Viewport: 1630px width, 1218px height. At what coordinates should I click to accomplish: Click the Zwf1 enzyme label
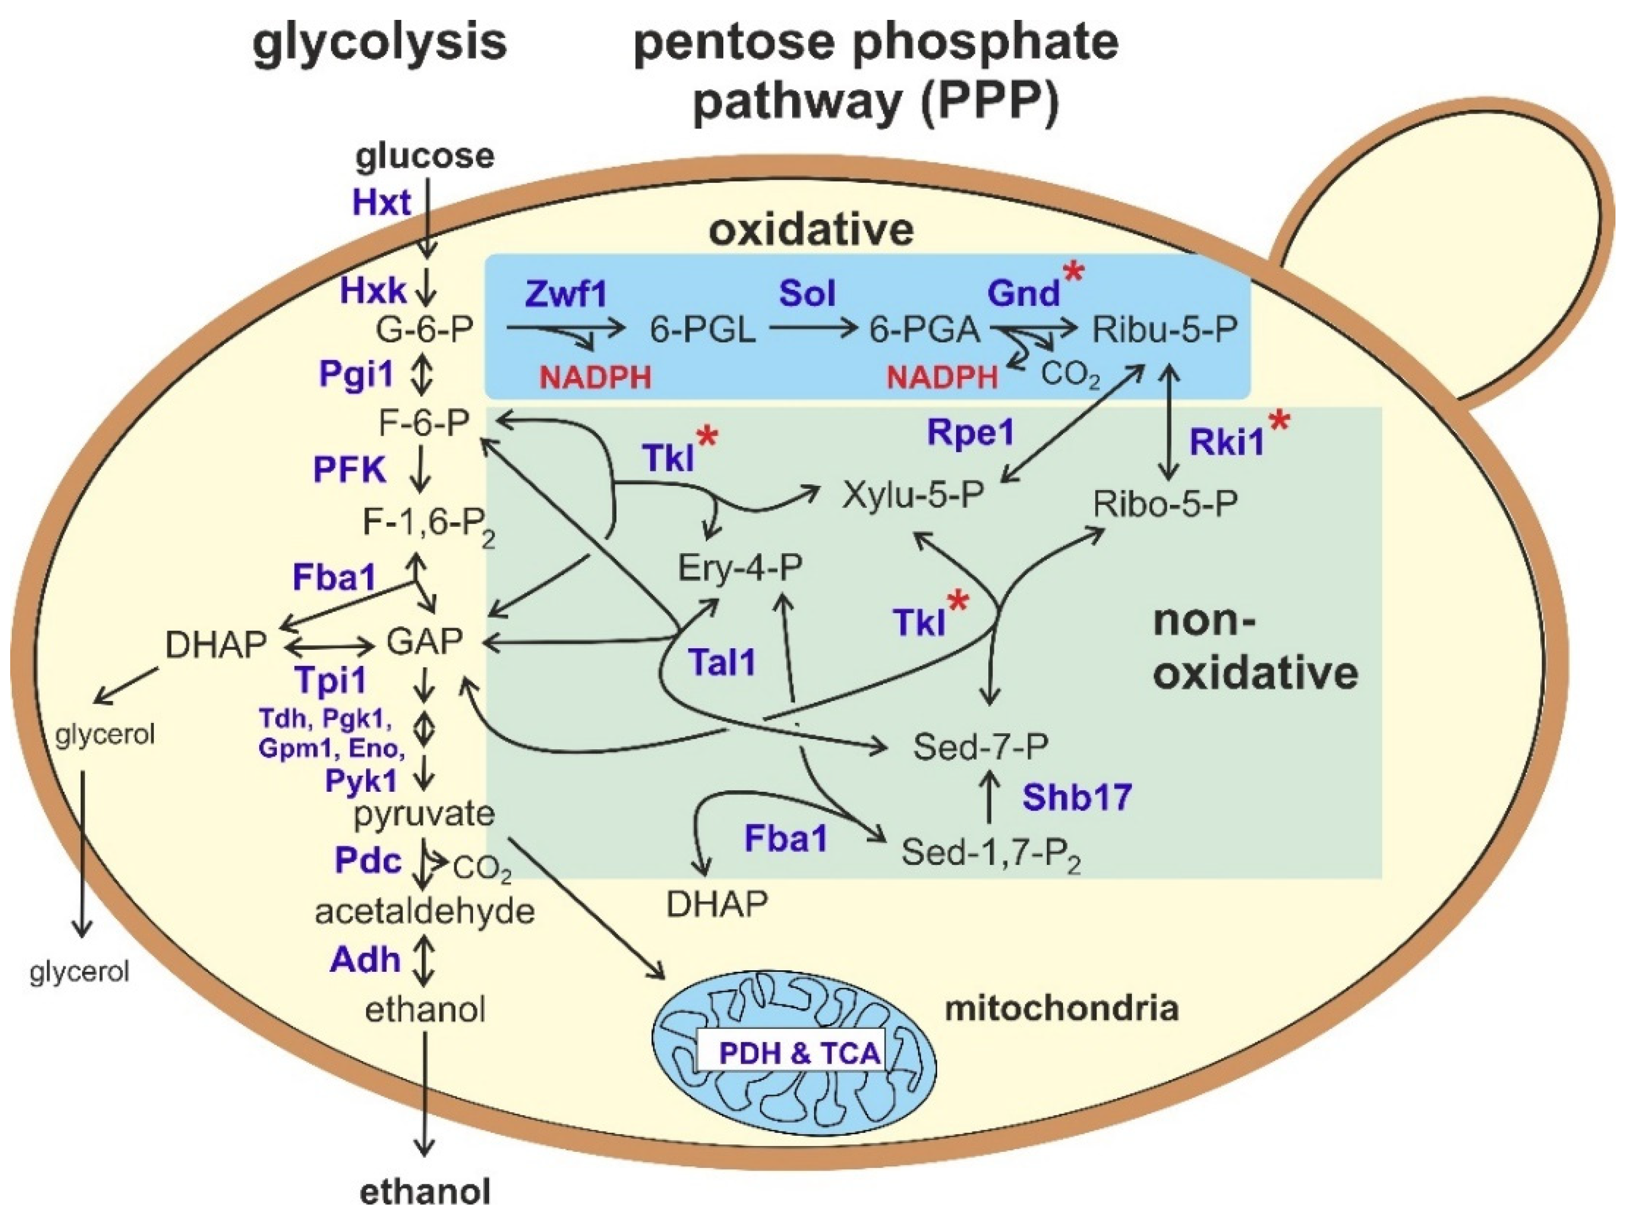565,294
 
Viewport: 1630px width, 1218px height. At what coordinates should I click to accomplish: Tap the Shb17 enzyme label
1076,797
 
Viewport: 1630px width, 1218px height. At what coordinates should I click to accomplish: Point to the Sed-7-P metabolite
980,747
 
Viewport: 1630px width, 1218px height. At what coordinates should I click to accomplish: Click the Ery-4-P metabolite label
740,568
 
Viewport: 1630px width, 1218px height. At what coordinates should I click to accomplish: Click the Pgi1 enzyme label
357,374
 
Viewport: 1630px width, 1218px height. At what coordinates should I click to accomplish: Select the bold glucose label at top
425,155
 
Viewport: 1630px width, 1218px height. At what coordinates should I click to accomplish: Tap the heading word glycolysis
379,42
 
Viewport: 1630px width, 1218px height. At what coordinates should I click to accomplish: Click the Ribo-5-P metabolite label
1164,504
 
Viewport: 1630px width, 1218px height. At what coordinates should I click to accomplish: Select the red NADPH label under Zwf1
595,378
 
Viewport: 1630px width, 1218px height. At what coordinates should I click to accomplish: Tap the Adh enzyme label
365,959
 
